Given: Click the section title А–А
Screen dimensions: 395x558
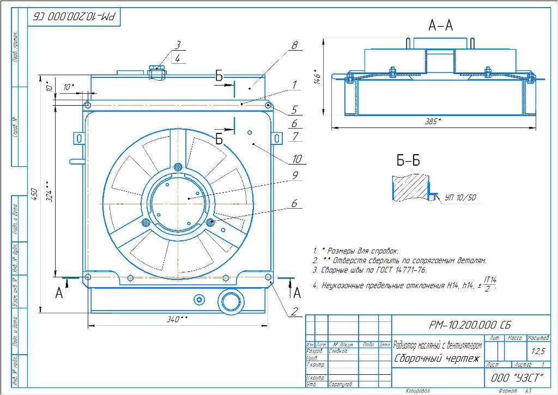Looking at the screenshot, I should pyautogui.click(x=441, y=25).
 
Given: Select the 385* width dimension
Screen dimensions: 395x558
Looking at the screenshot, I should pyautogui.click(x=434, y=121).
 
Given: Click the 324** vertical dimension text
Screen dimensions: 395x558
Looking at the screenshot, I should pyautogui.click(x=49, y=191).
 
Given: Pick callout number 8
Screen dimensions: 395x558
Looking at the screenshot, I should pyautogui.click(x=294, y=46).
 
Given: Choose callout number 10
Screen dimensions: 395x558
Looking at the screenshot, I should pyautogui.click(x=297, y=159).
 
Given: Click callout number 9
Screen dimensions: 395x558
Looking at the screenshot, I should pyautogui.click(x=294, y=175).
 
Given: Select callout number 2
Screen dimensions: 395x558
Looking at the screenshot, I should pyautogui.click(x=294, y=312).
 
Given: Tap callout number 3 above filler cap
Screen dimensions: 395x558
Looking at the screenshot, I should pyautogui.click(x=178, y=46).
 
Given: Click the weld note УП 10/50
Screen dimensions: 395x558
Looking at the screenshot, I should pyautogui.click(x=460, y=198).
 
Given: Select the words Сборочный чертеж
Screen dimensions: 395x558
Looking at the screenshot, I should pyautogui.click(x=436, y=359).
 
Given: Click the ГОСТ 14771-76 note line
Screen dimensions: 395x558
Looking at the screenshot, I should pyautogui.click(x=370, y=270).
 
